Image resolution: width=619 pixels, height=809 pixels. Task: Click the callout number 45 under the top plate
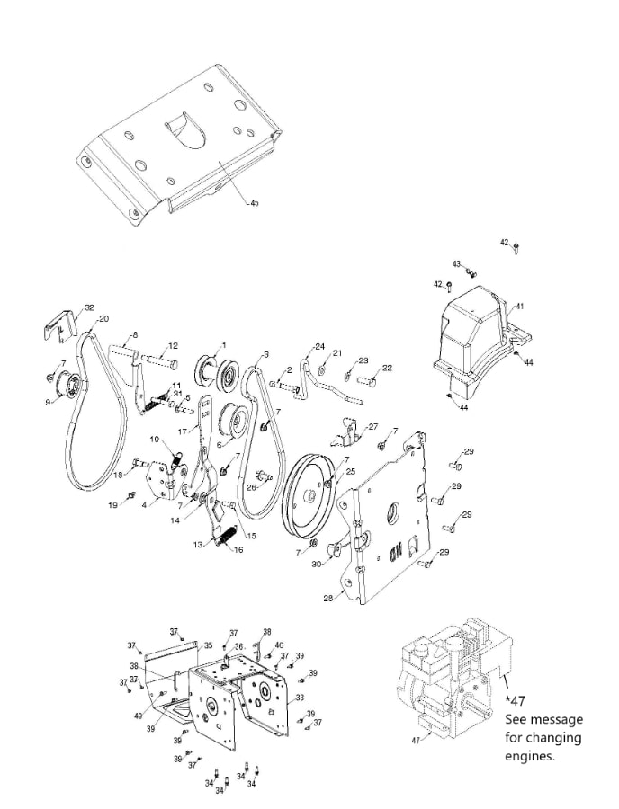tap(254, 203)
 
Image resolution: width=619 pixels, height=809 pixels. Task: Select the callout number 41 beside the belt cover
tap(519, 307)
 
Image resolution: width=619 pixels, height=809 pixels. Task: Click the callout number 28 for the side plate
tap(328, 597)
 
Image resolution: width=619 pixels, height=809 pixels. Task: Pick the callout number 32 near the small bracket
tap(88, 307)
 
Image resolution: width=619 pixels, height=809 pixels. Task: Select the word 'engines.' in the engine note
tap(531, 756)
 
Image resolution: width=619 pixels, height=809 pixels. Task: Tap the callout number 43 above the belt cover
tap(456, 264)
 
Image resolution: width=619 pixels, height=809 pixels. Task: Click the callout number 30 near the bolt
tap(318, 565)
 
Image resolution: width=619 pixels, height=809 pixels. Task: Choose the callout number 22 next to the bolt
tap(387, 369)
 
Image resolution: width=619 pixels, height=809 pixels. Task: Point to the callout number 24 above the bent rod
tap(319, 347)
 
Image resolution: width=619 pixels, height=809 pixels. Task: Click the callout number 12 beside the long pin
tap(173, 346)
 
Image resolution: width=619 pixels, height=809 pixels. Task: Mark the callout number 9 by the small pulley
tap(49, 402)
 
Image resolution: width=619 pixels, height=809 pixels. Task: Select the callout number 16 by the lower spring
tap(239, 549)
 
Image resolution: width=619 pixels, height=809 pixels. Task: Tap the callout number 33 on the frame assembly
tap(300, 698)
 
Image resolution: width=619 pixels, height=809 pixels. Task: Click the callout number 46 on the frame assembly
tap(279, 645)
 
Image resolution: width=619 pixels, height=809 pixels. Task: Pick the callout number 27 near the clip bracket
tap(373, 427)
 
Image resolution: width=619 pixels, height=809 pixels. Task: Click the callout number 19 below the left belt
tap(114, 505)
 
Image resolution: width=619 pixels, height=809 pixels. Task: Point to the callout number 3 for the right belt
tap(266, 355)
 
